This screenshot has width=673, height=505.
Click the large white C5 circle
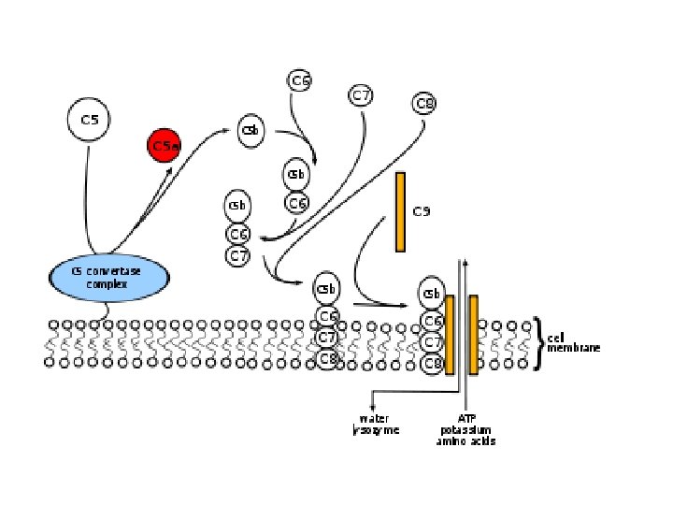pos(90,120)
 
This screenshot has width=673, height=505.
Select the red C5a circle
pos(164,146)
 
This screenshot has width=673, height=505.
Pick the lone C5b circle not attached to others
pos(251,131)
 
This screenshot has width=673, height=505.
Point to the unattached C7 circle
pos(362,95)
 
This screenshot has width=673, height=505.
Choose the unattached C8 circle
pos(424,103)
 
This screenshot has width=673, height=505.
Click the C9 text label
pos(422,212)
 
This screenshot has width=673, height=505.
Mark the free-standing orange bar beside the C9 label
pos(400,211)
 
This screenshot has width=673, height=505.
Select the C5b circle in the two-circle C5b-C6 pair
pos(296,174)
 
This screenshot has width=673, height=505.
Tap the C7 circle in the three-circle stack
pos(238,255)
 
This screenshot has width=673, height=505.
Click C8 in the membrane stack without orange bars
pos(326,358)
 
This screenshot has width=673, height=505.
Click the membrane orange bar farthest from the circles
pos(474,334)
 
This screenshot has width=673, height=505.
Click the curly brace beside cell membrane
pos(539,342)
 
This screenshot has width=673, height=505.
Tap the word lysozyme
pos(375,430)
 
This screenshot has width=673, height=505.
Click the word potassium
pos(465,429)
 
